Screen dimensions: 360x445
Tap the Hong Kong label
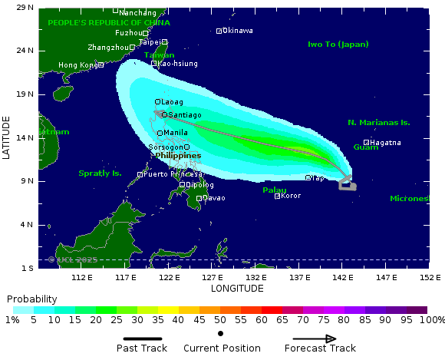[x=77, y=65]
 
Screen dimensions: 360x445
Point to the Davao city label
[x=215, y=198]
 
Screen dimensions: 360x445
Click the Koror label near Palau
[x=292, y=196]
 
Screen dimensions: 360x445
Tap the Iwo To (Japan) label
[x=338, y=45]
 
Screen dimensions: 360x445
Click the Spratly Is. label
[x=100, y=173]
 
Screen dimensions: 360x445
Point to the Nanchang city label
[x=137, y=12]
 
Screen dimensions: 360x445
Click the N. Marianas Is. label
[x=379, y=122]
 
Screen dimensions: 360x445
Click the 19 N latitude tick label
[x=25, y=94]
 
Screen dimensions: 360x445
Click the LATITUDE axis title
[x=7, y=137]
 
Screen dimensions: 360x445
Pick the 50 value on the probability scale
[x=220, y=319]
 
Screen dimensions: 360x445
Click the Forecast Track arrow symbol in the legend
[x=315, y=339]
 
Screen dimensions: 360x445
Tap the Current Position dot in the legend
[x=221, y=333]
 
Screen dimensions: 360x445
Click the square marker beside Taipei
[x=164, y=42]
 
